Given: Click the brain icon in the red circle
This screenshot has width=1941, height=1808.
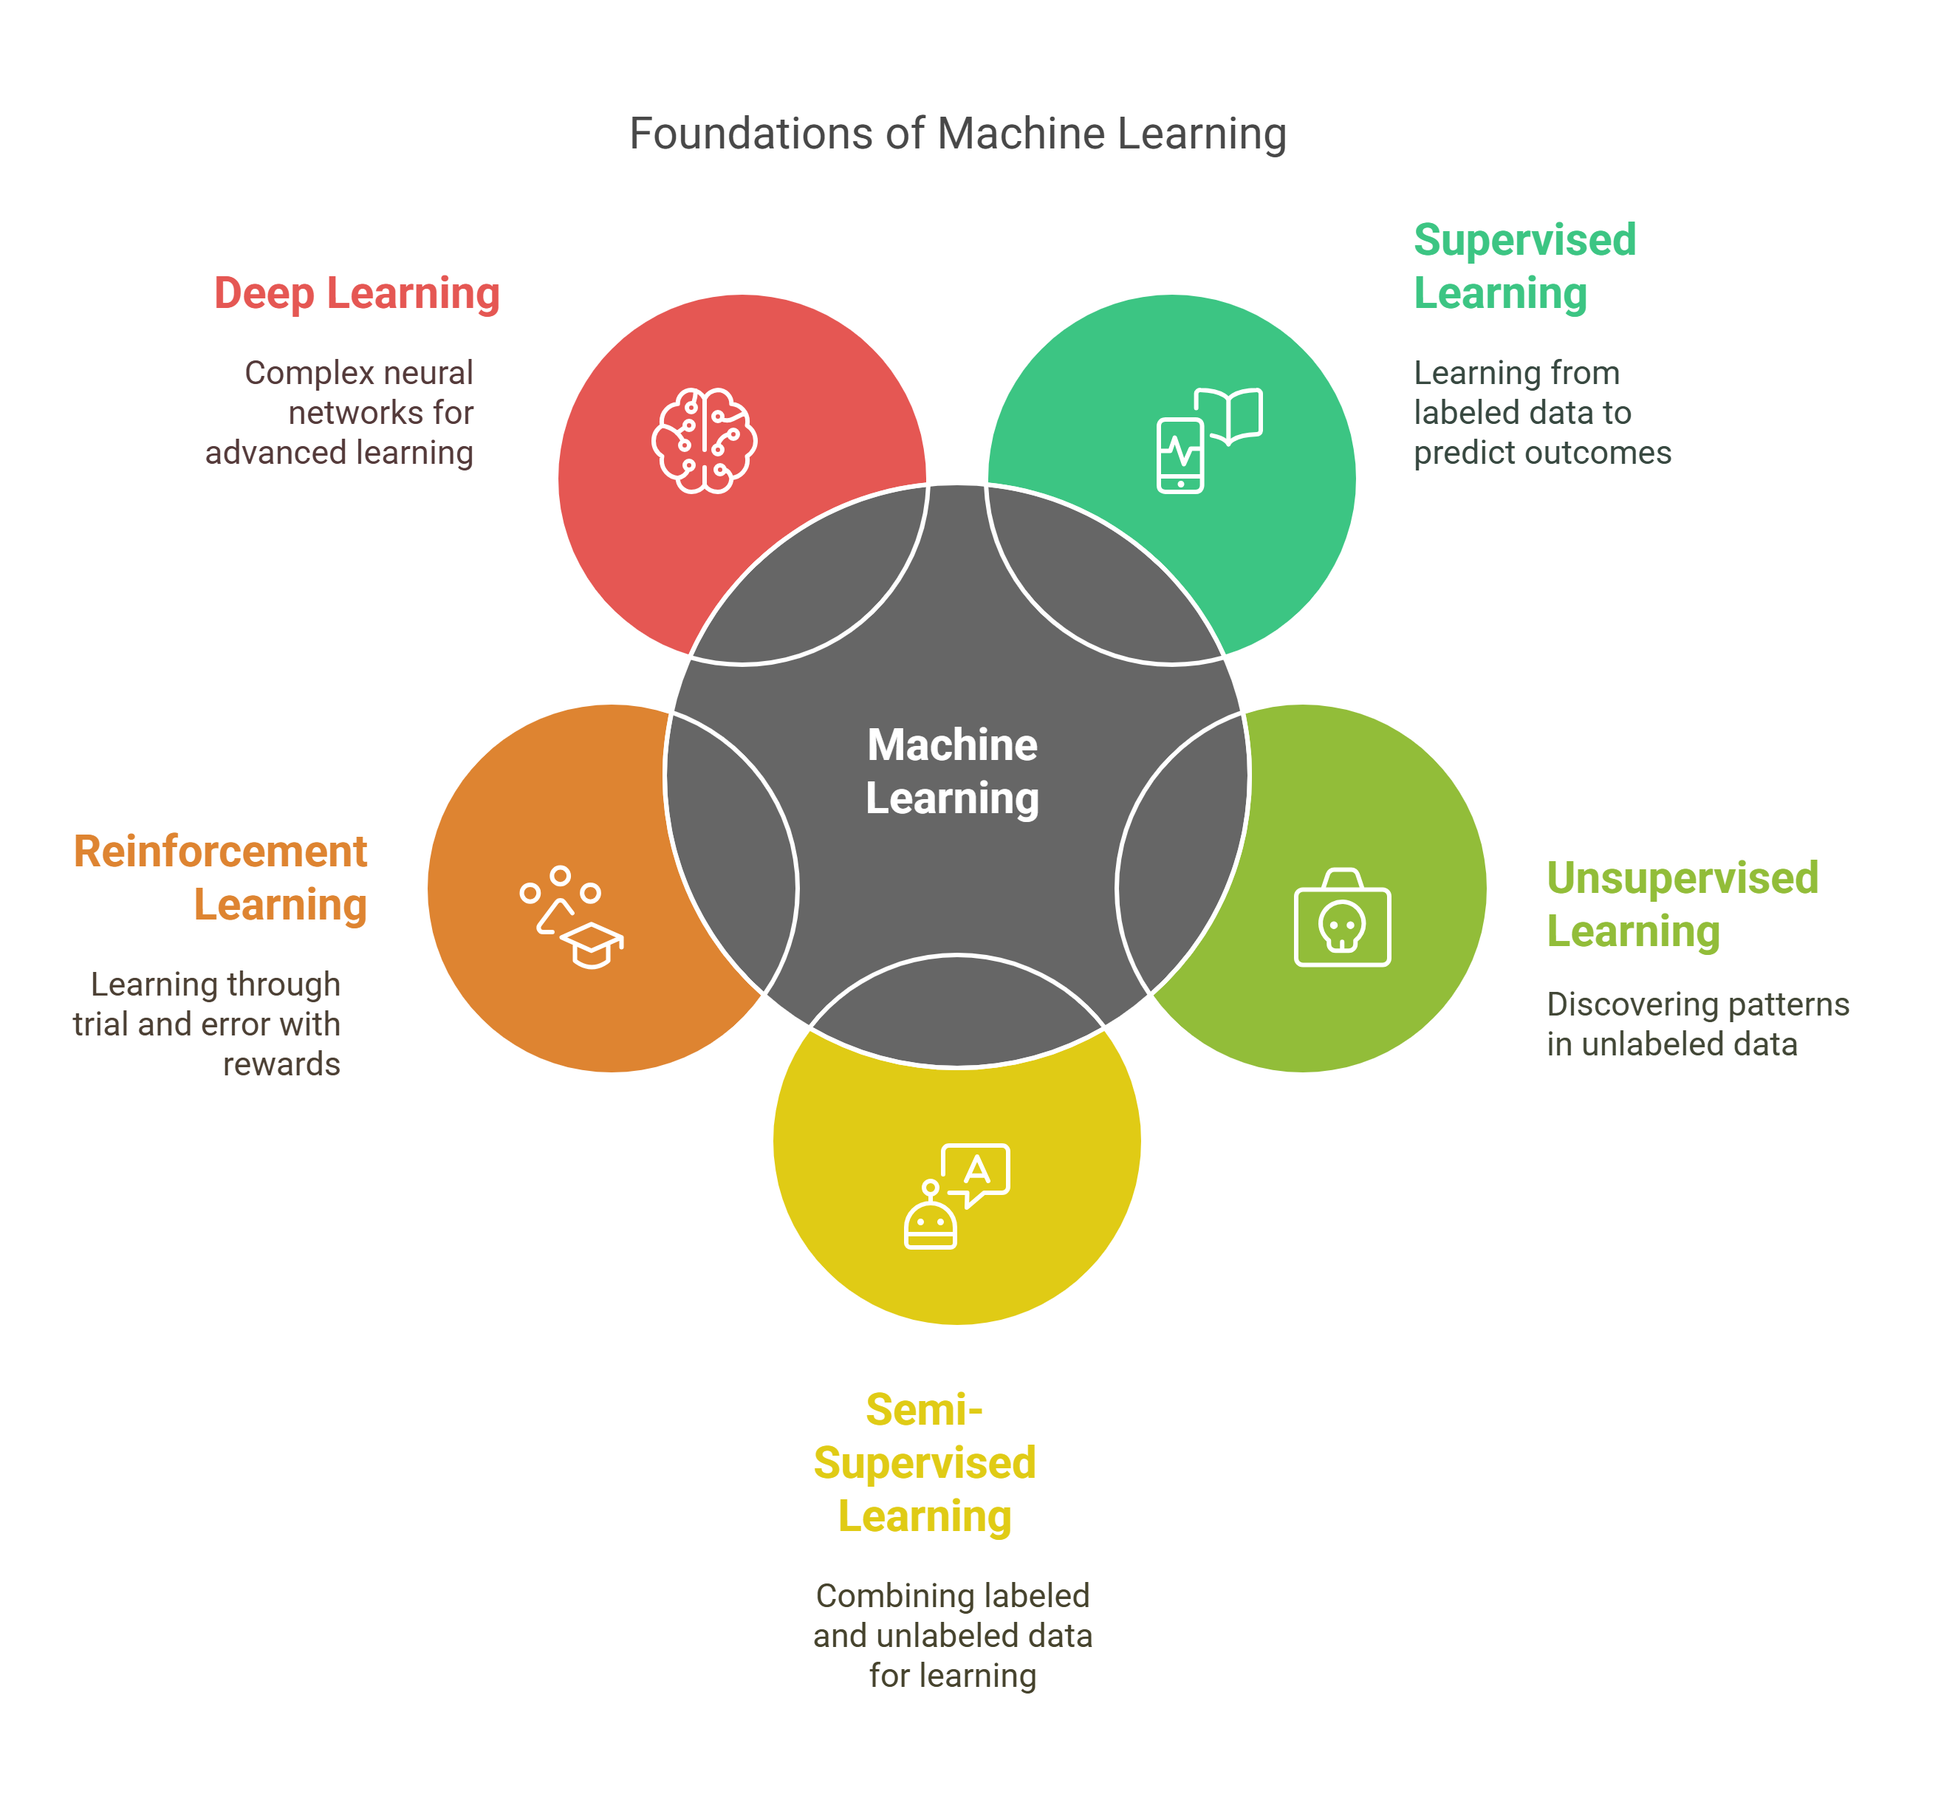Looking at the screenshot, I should [x=704, y=440].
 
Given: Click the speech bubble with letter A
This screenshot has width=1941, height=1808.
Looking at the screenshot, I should [x=976, y=1171].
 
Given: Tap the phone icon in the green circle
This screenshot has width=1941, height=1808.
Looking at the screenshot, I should [x=1180, y=455].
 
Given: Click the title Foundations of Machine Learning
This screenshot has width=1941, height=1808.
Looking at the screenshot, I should [x=956, y=134].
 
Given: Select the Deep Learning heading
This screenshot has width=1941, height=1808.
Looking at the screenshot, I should [x=357, y=293].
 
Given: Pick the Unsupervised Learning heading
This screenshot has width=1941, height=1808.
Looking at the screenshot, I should [x=1681, y=904].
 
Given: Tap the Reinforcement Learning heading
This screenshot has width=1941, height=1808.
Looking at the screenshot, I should [x=222, y=877].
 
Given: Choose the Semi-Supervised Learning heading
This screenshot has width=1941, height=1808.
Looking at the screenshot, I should [x=925, y=1462].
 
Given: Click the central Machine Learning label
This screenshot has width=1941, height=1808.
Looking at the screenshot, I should [x=952, y=771].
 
